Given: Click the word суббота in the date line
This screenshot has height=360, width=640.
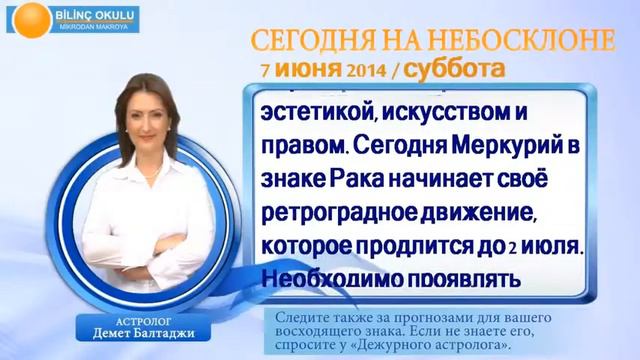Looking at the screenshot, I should coord(457,70).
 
